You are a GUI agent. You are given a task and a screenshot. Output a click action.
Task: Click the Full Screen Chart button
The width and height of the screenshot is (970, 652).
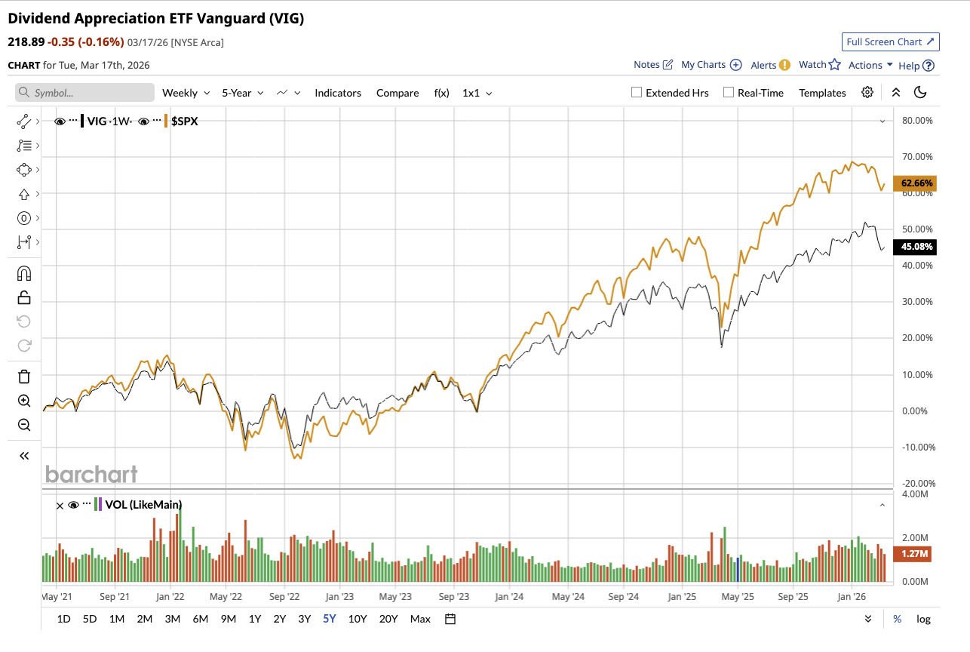(890, 42)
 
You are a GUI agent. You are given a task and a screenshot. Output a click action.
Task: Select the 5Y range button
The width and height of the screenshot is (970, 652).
(329, 619)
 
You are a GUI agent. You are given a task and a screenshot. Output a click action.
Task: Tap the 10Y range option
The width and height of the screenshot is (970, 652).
(357, 619)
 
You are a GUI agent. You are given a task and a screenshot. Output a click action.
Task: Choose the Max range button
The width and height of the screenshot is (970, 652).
(420, 619)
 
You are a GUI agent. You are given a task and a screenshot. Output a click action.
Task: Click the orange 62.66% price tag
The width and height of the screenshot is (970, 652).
(914, 183)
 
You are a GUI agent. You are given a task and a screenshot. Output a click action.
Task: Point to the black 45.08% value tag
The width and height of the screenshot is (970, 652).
(914, 247)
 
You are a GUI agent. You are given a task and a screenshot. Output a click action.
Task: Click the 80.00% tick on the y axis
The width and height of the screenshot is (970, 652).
(917, 121)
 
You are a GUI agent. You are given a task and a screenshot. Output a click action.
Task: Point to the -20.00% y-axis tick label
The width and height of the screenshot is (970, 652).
(917, 483)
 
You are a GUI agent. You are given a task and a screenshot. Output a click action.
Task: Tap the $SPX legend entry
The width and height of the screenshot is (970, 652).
(184, 121)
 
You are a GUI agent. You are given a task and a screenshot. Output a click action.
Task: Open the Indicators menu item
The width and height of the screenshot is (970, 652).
(338, 93)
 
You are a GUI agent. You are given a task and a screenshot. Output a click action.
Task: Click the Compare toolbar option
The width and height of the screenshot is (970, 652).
(398, 93)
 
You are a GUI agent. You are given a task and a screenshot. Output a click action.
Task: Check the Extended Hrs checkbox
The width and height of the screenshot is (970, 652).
(637, 93)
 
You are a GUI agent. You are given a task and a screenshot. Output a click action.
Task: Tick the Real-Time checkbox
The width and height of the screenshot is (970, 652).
(729, 93)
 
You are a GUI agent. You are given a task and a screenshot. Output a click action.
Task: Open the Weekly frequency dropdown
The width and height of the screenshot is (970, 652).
(185, 93)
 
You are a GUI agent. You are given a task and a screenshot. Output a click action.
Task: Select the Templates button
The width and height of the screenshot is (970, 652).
(822, 93)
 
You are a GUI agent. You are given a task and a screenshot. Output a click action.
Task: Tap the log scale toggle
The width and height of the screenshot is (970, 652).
(923, 619)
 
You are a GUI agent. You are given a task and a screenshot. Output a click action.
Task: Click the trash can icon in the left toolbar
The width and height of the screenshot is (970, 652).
(24, 377)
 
